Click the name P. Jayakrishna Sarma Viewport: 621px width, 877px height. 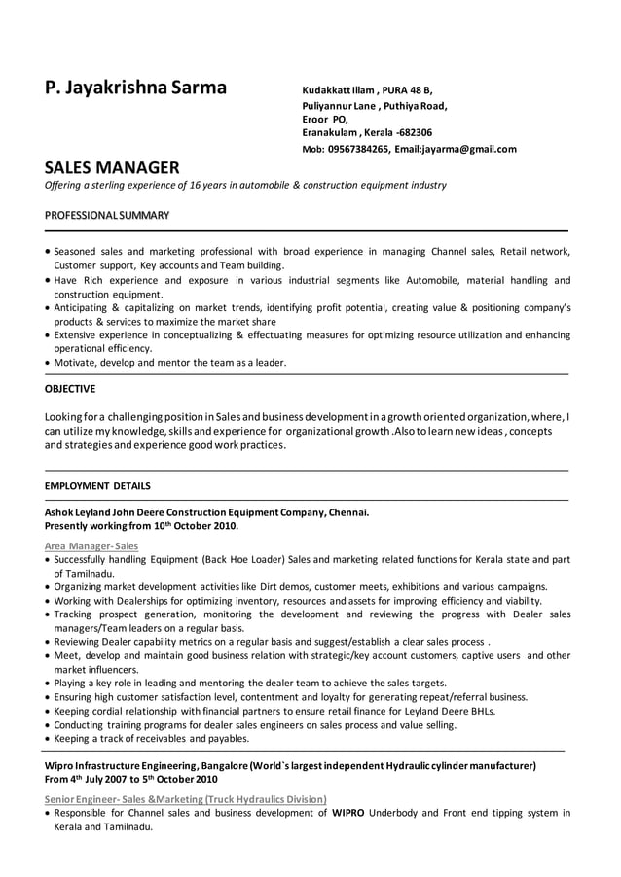[x=135, y=88]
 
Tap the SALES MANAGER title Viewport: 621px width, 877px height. [x=112, y=167]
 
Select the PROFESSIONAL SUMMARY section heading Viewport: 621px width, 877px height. [x=107, y=215]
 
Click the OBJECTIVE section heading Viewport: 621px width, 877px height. [x=70, y=389]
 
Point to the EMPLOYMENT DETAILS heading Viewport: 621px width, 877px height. [x=97, y=485]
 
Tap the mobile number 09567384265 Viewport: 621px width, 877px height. [x=358, y=149]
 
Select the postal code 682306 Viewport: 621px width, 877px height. [x=414, y=132]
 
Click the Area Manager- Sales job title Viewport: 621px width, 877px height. [x=91, y=546]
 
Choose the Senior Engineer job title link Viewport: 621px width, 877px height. [x=185, y=798]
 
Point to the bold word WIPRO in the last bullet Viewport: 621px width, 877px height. [x=348, y=812]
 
